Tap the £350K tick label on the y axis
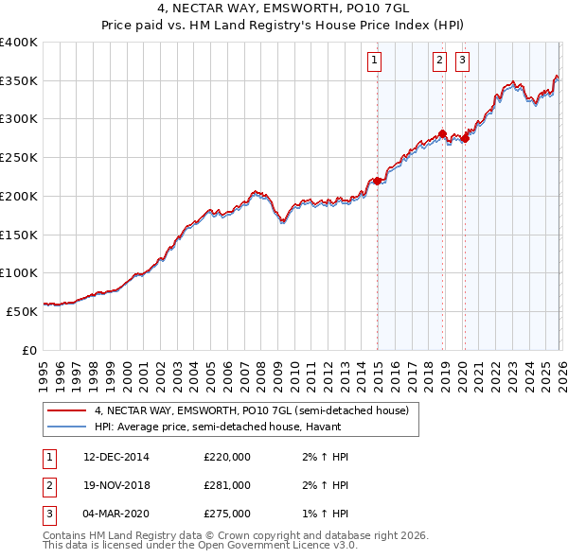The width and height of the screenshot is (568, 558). pos(18,81)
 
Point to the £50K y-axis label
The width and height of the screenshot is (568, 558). pos(22,310)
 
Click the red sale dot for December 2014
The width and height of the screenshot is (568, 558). pos(377,181)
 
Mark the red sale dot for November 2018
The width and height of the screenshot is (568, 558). pos(443,134)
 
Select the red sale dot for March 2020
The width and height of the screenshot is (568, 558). pos(465,139)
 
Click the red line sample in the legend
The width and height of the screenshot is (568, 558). pos(66,411)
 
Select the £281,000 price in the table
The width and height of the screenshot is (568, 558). pos(227,485)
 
